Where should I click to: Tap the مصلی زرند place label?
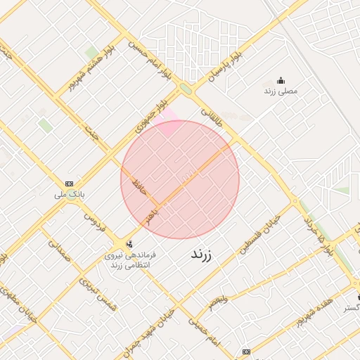click(281, 91)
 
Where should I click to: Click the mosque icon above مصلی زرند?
click(281, 80)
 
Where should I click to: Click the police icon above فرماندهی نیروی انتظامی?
click(128, 244)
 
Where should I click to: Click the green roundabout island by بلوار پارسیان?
click(186, 89)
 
